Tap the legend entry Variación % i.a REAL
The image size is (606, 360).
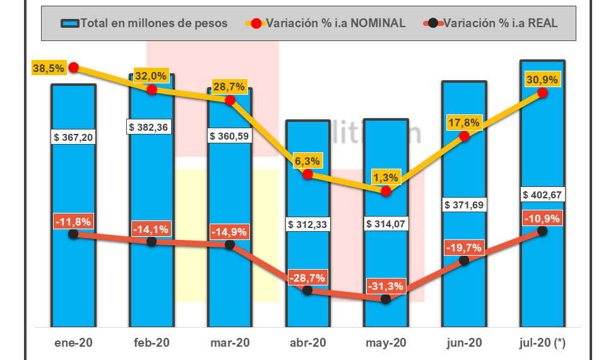[x=492, y=23]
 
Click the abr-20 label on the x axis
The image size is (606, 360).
[x=307, y=343]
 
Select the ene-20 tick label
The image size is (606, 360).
[x=73, y=343]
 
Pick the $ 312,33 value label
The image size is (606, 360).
[x=307, y=224]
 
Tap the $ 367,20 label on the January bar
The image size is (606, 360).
[x=73, y=136]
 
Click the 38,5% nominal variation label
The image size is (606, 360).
[x=49, y=68]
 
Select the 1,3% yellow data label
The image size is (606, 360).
[x=386, y=176]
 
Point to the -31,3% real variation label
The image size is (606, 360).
[x=386, y=286]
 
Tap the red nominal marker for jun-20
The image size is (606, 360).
[x=465, y=136]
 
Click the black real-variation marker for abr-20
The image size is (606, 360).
[x=307, y=290]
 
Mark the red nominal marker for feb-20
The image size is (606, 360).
[x=151, y=90]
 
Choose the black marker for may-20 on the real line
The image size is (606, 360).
[x=386, y=299]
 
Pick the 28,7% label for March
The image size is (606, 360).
[x=229, y=86]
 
